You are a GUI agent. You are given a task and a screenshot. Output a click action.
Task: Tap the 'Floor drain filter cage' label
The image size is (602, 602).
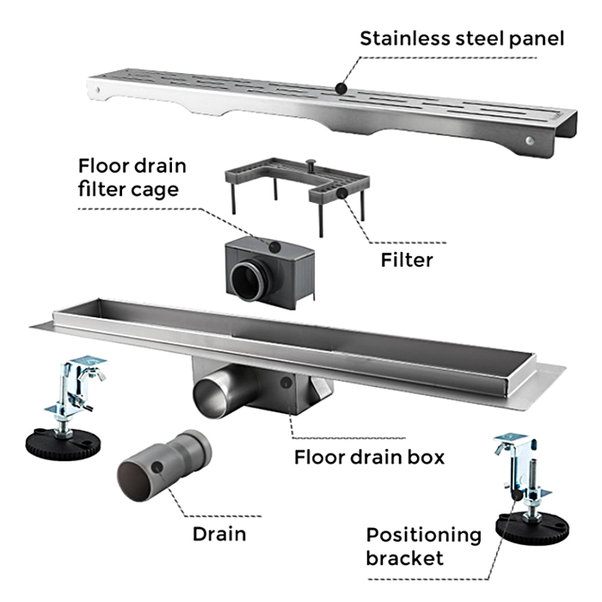[x=132, y=176]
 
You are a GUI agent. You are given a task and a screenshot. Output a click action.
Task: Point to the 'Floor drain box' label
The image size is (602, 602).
[x=370, y=457]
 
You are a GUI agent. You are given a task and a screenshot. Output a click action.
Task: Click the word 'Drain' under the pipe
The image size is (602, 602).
[x=218, y=533]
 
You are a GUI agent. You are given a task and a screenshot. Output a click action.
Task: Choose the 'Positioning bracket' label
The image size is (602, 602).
[x=423, y=546]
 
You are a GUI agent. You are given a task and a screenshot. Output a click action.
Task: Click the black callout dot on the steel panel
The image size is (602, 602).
[x=341, y=88]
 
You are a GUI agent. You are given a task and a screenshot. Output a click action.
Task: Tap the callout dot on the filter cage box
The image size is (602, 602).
[x=273, y=247]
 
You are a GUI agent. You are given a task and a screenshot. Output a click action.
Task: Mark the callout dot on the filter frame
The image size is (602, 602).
[x=341, y=194]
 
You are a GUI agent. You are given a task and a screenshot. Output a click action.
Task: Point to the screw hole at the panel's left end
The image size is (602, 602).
[x=101, y=89]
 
